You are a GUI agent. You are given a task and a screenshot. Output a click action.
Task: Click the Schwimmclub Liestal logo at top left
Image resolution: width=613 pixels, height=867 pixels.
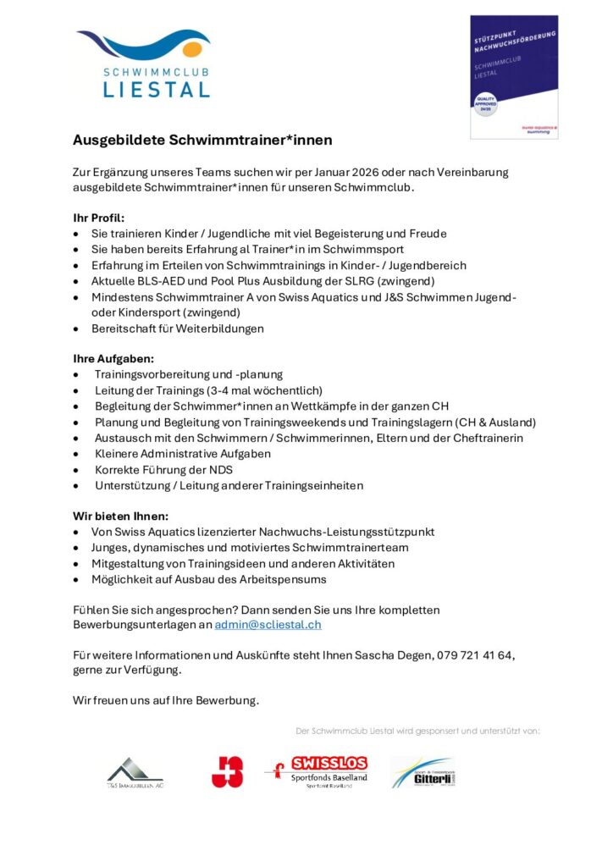[142, 64]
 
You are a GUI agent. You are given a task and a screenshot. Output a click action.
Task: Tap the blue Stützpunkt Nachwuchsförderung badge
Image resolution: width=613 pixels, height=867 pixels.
[514, 76]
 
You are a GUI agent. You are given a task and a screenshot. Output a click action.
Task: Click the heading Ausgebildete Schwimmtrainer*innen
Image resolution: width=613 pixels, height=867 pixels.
[202, 139]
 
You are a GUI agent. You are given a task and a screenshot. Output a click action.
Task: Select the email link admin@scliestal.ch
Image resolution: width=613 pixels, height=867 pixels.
[268, 624]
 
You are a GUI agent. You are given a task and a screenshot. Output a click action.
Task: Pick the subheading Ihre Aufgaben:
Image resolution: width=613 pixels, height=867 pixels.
[113, 358]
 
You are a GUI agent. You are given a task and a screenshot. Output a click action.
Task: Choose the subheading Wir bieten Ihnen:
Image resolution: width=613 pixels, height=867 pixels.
[120, 516]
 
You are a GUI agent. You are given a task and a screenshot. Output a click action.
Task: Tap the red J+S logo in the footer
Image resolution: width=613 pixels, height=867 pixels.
[227, 771]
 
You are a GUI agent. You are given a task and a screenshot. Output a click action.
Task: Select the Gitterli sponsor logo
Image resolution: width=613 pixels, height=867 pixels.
[422, 771]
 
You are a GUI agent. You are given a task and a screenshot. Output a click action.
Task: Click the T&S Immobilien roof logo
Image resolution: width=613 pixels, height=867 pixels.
[135, 771]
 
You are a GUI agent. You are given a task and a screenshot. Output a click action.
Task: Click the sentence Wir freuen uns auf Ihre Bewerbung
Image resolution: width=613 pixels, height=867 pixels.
[166, 700]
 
